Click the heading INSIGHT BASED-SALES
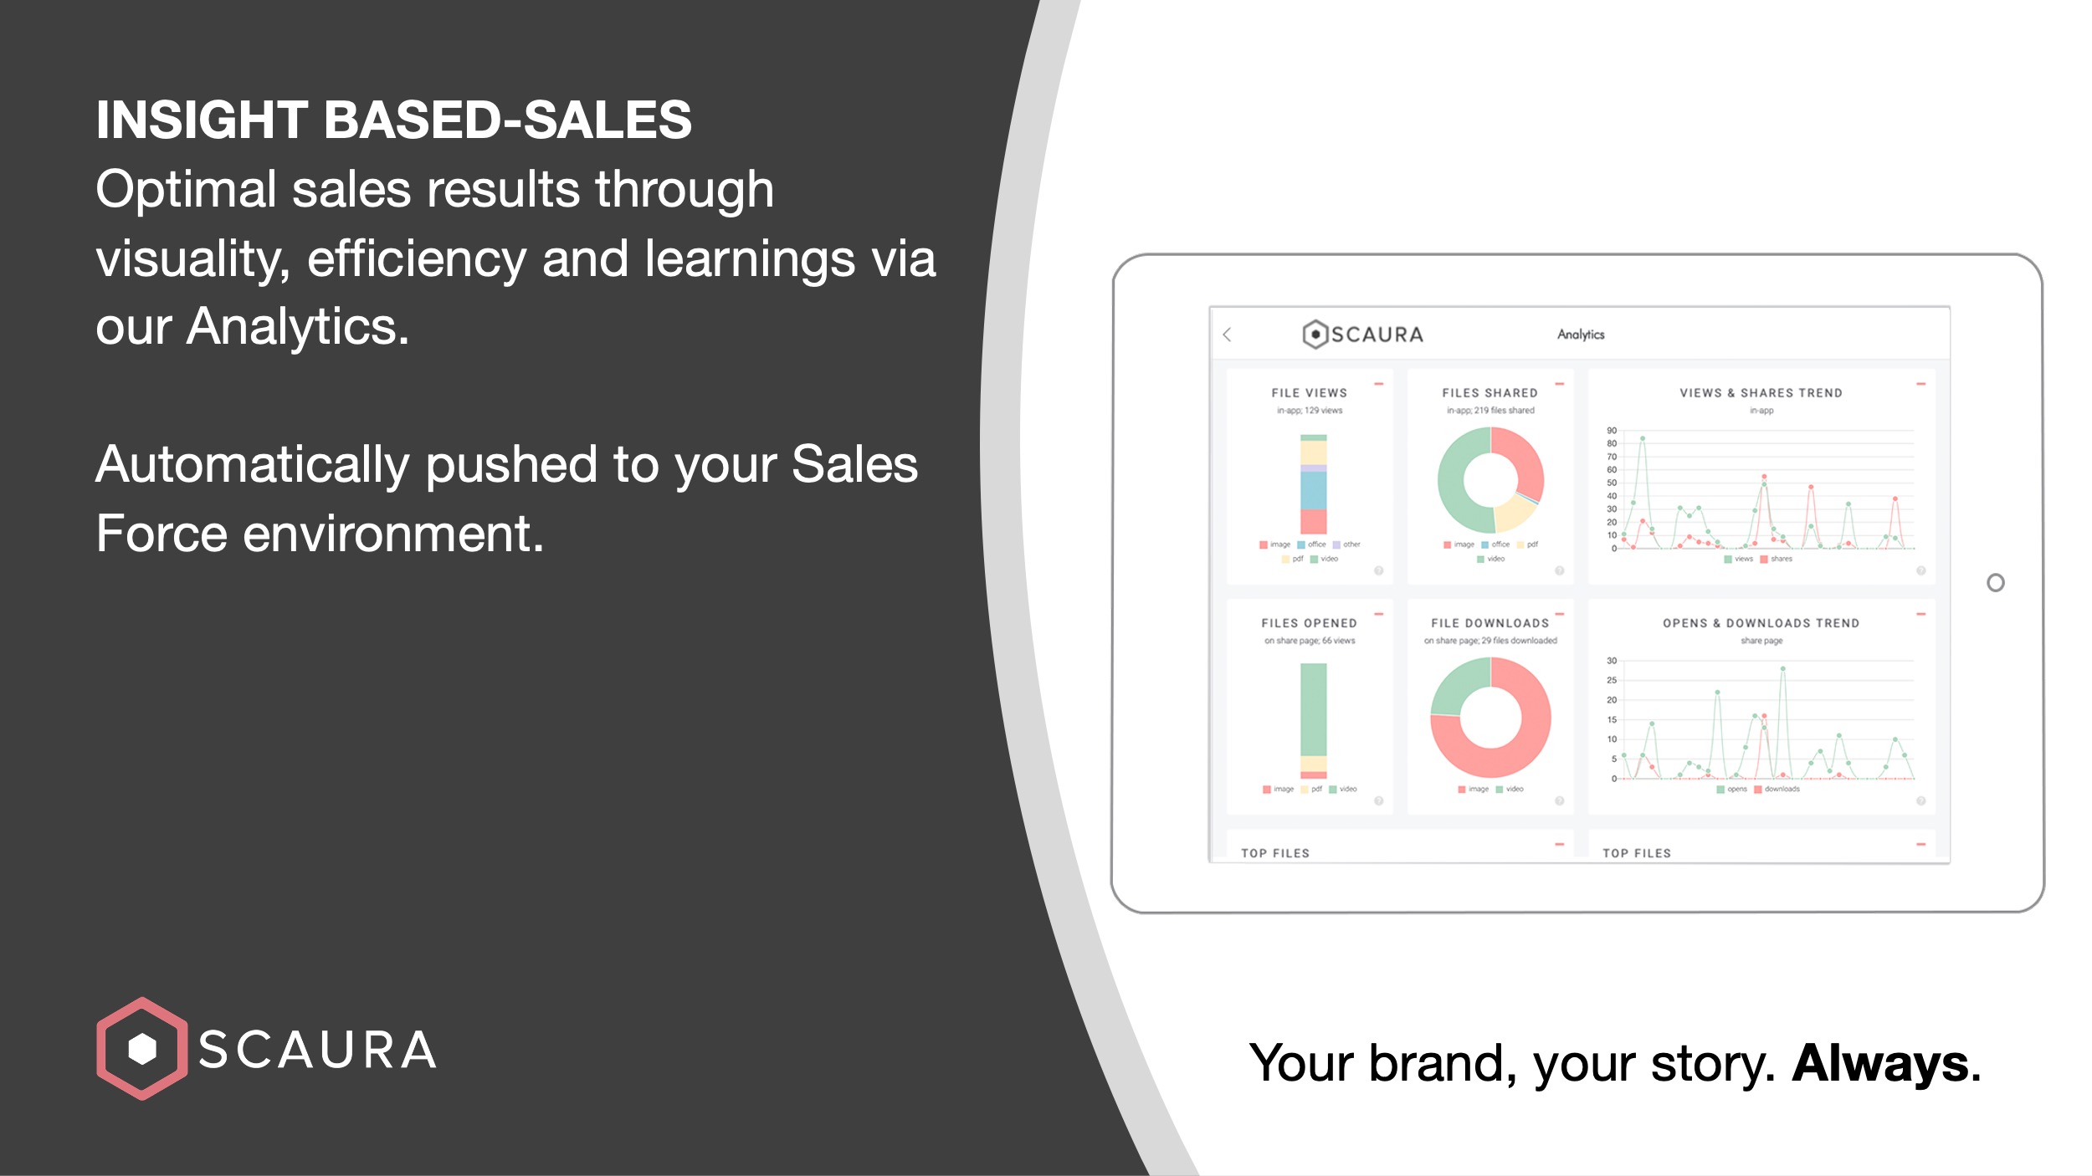(393, 120)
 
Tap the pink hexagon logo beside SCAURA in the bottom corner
(141, 1048)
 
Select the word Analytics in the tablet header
(1581, 335)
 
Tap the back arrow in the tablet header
(1228, 335)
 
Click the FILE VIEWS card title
(1309, 393)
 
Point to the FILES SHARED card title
(1490, 393)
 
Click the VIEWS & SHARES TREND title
(1761, 393)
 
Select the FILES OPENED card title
(1309, 623)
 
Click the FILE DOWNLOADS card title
(1490, 623)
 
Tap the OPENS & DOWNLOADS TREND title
(1761, 623)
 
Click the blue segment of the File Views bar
(1313, 490)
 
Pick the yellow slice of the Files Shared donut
(1513, 514)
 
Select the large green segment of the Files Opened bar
(1313, 709)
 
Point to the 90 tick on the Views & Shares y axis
(1611, 431)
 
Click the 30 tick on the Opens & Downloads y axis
(1611, 661)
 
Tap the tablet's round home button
(1995, 583)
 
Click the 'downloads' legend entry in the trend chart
(1781, 790)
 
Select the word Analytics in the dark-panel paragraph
(297, 327)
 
